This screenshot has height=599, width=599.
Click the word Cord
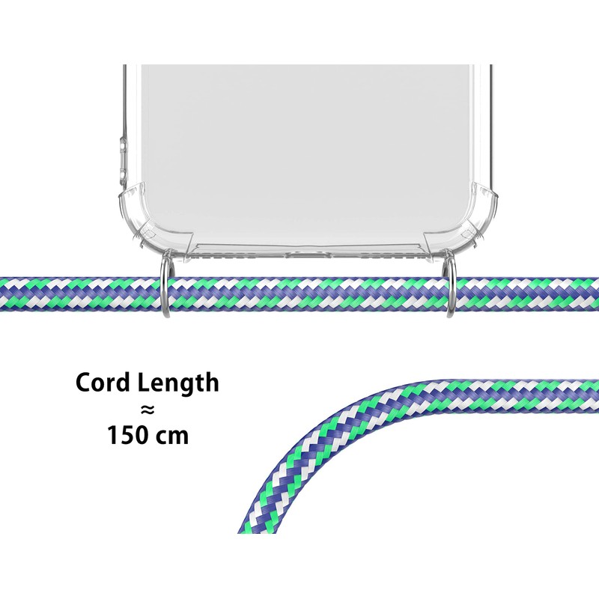tap(103, 383)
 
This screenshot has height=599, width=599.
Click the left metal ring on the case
tap(165, 289)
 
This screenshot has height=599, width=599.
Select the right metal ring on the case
tap(449, 289)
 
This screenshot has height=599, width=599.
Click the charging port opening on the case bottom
tap(308, 255)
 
